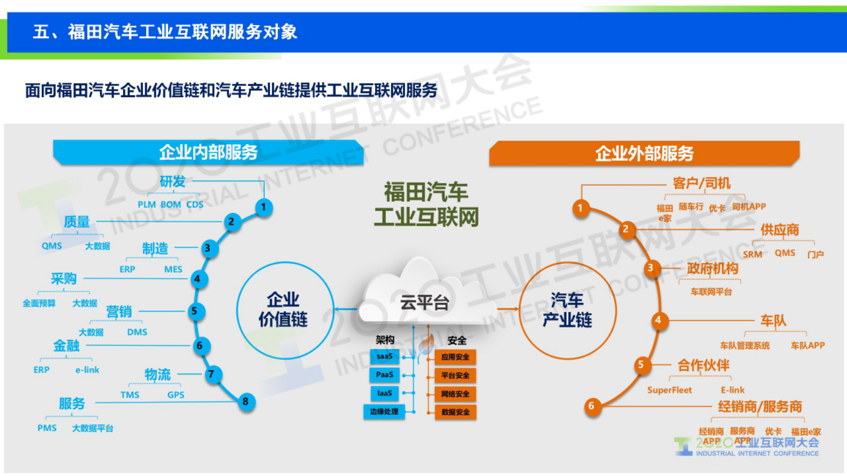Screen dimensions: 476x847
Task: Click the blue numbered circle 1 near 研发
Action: (x=263, y=207)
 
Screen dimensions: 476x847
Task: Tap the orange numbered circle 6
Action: (x=591, y=406)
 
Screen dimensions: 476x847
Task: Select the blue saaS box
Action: (x=384, y=356)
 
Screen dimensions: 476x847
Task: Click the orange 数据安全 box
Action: (x=455, y=412)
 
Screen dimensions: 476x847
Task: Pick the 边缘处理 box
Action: (x=384, y=411)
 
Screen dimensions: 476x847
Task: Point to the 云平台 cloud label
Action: (x=424, y=303)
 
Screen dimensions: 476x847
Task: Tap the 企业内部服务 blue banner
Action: (x=208, y=153)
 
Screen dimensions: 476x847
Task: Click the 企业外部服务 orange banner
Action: (x=644, y=154)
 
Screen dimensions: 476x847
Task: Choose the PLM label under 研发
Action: (x=146, y=204)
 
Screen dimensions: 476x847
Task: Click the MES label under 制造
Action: (x=173, y=269)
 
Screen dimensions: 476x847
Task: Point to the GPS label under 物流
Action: (x=176, y=395)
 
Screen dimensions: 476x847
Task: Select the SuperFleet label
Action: (x=669, y=390)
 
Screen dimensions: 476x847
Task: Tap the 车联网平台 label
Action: (x=711, y=292)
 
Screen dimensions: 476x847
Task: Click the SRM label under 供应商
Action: (x=752, y=255)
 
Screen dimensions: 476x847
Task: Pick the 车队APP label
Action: (x=808, y=346)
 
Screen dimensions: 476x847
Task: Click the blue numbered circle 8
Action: (x=245, y=401)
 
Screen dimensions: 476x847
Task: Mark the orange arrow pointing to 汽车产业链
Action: (x=508, y=308)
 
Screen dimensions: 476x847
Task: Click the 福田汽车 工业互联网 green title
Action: (x=426, y=204)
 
